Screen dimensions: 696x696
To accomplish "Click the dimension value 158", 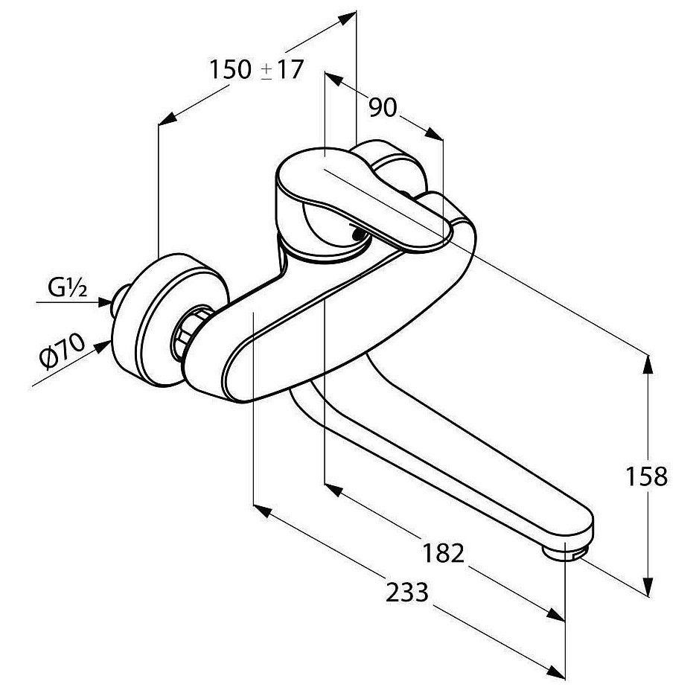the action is [x=646, y=476].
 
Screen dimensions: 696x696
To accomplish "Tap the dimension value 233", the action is [x=407, y=592].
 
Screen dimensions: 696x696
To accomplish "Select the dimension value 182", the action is [x=443, y=553].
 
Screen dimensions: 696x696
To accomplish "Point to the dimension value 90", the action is [x=383, y=107].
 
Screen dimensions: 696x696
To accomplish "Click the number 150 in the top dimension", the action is [x=230, y=70].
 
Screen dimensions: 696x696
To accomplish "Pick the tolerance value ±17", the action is [x=283, y=70].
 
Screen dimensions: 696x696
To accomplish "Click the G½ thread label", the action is [x=68, y=289].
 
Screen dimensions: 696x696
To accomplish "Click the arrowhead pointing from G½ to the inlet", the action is [x=105, y=303].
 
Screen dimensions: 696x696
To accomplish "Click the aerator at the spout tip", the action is [x=564, y=553].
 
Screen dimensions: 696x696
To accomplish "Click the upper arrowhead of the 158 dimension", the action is [x=648, y=367].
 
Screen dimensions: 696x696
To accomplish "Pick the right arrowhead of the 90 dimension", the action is [x=434, y=135].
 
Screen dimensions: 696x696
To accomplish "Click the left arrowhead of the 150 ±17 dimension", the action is [x=167, y=119].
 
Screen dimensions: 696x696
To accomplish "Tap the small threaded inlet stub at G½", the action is [x=118, y=300].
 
